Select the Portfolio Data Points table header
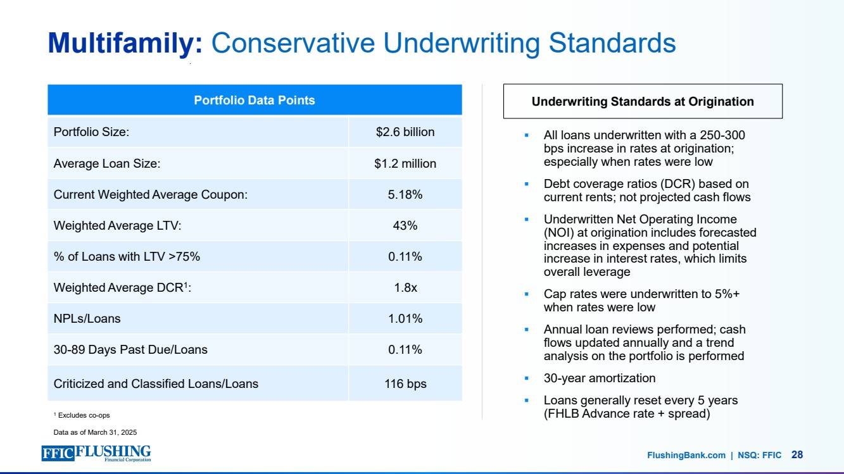(254, 100)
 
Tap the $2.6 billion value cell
(405, 132)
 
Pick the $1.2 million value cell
(405, 163)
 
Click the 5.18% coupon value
(405, 194)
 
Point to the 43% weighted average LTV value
(405, 225)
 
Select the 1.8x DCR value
(405, 287)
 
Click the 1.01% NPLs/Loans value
(405, 318)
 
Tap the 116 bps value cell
(405, 384)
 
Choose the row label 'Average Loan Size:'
(107, 163)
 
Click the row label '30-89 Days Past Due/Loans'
(130, 349)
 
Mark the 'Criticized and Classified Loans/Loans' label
(156, 384)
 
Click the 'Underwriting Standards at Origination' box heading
(643, 101)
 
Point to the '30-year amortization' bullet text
(600, 378)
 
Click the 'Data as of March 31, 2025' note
(95, 432)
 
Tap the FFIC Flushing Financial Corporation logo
(96, 454)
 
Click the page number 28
(797, 454)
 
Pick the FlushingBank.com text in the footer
(686, 455)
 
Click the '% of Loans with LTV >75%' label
(127, 256)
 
